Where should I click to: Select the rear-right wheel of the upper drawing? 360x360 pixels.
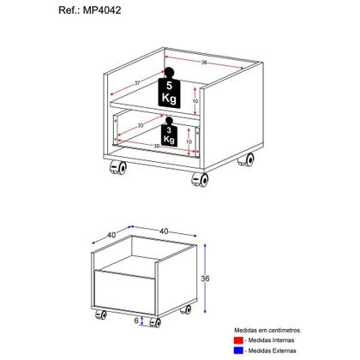tap(251, 159)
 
